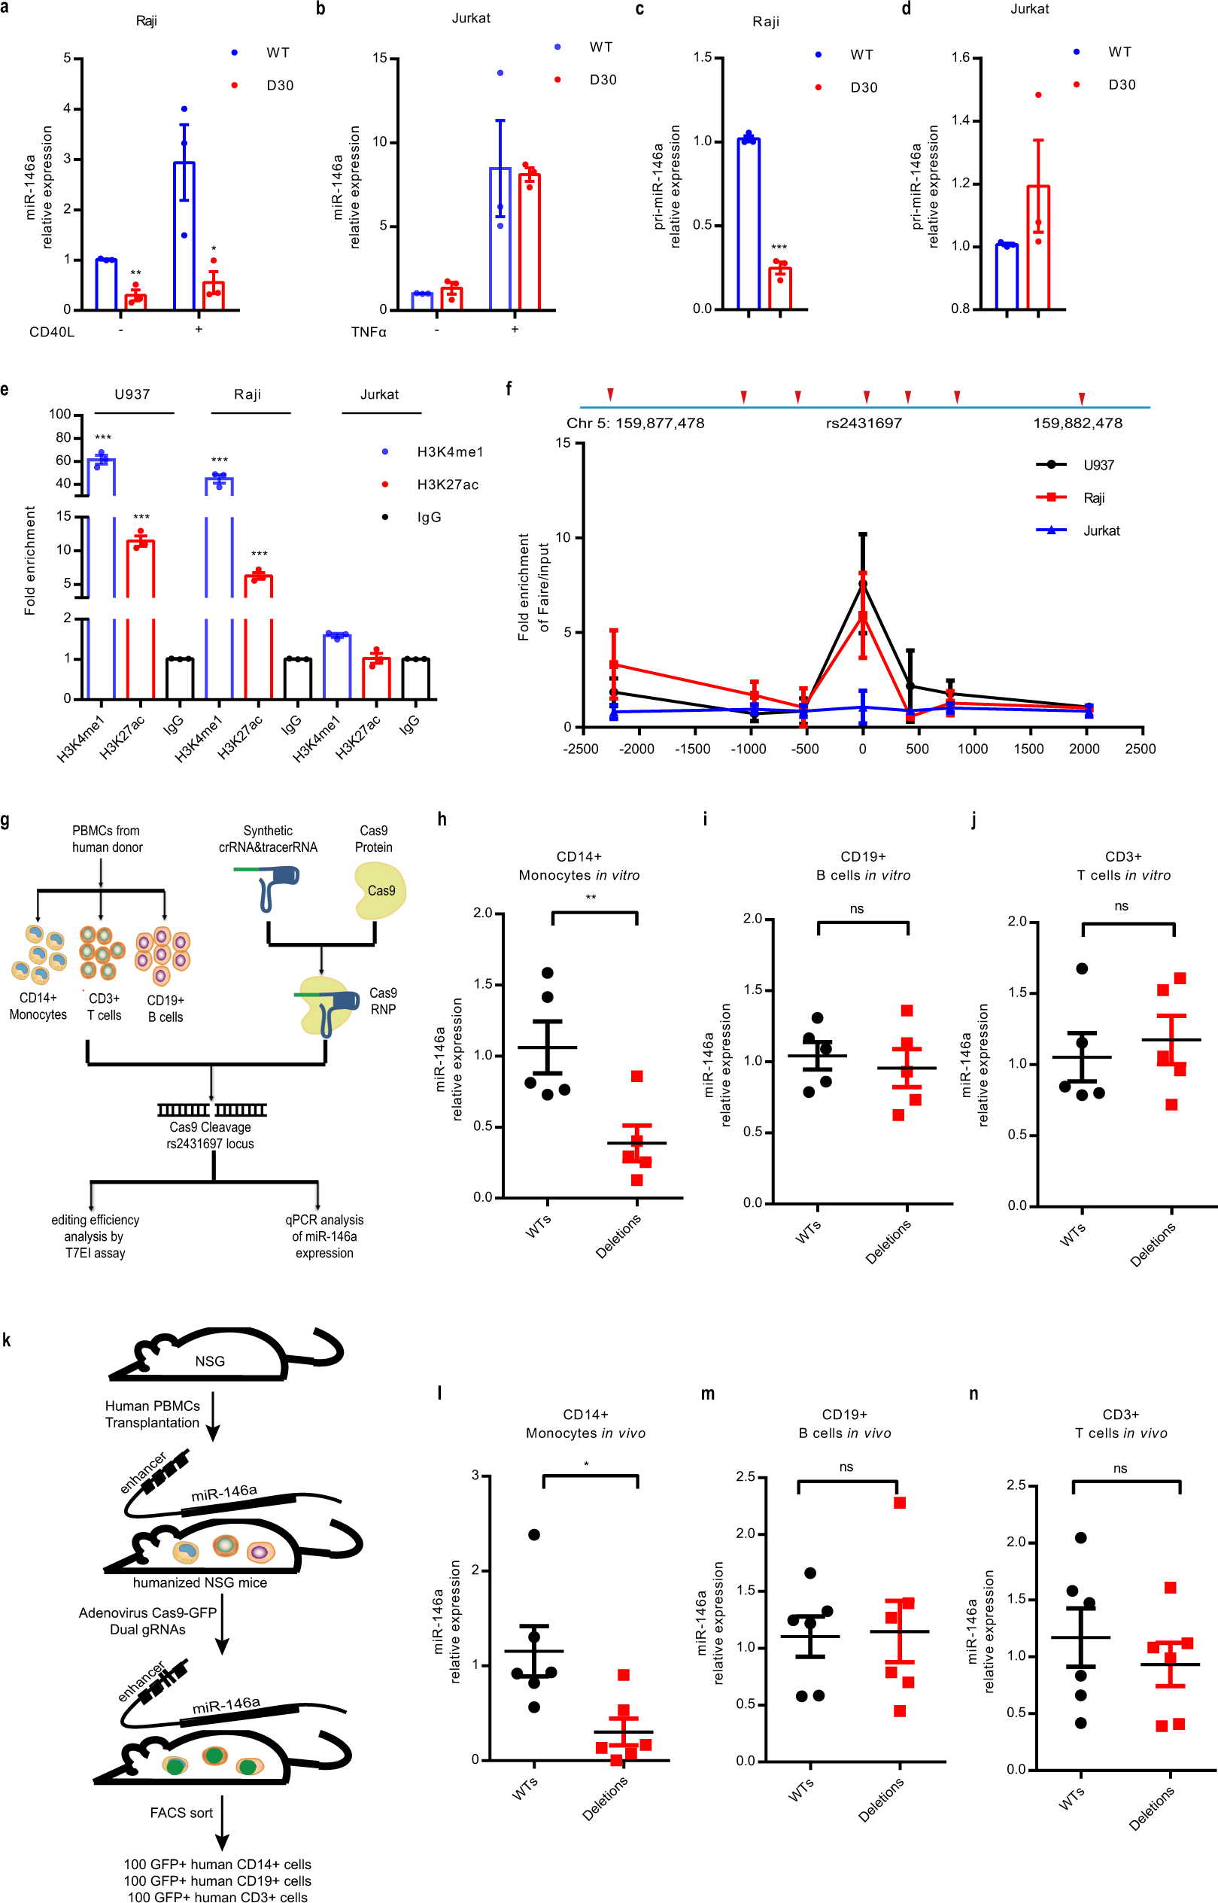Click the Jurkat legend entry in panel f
coord(1100,530)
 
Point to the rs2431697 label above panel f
coord(864,423)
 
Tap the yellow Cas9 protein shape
coord(381,891)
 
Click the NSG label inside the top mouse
coord(210,1361)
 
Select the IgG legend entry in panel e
coord(429,517)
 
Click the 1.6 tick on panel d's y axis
coord(960,58)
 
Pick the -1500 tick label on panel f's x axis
coord(692,749)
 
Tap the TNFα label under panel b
coord(369,332)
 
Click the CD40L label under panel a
coord(52,332)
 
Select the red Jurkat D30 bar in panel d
coord(1037,247)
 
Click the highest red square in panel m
coord(899,1503)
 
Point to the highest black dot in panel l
coord(534,1534)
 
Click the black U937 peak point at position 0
coord(863,584)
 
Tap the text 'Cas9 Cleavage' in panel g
coord(210,1127)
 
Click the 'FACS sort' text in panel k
coord(181,1813)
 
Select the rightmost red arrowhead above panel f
coord(1081,398)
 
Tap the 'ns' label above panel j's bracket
coord(1121,907)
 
